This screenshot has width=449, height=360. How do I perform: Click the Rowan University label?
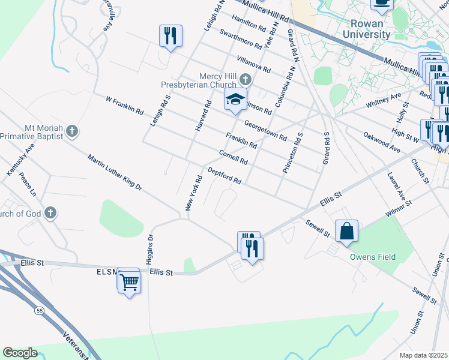366,29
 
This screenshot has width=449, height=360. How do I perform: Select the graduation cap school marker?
236,100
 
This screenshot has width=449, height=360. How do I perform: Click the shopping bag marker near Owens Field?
347,232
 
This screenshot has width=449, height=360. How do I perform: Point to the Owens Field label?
373,257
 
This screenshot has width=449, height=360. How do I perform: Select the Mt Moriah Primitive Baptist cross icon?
72,130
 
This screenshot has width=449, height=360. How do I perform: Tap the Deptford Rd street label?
224,175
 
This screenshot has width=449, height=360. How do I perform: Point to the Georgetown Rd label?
265,129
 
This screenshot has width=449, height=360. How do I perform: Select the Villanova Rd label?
253,64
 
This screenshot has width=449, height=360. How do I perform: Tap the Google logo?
20,352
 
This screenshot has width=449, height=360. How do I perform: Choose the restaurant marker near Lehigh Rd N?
170,36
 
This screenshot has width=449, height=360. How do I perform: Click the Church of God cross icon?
51,212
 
